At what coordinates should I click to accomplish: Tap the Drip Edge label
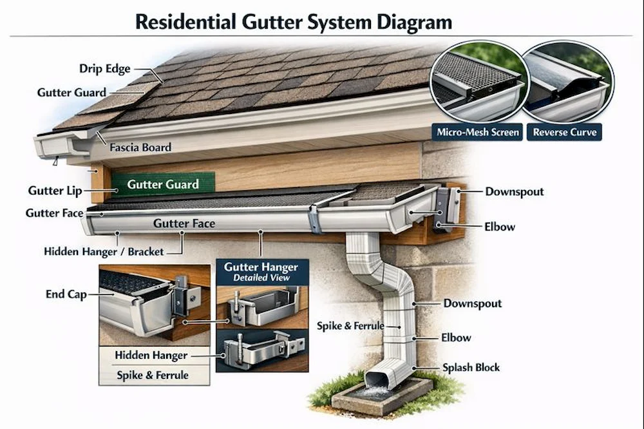point(105,68)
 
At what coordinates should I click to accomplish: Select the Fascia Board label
point(140,148)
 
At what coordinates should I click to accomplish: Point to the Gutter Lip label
point(55,191)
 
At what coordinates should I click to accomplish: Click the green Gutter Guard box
point(162,184)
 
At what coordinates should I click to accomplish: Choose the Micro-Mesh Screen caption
point(478,133)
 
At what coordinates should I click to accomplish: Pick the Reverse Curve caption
point(565,133)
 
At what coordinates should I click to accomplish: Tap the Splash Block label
point(471,368)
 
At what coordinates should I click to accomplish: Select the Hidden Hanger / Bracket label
point(104,251)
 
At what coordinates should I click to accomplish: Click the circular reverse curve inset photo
point(566,80)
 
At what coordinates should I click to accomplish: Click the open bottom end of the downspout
point(377,379)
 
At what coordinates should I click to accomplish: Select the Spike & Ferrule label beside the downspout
point(350,326)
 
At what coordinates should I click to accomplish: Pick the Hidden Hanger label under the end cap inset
point(151,355)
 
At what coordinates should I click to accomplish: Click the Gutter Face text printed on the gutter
point(184,224)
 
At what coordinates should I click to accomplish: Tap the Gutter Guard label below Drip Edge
point(71,92)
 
